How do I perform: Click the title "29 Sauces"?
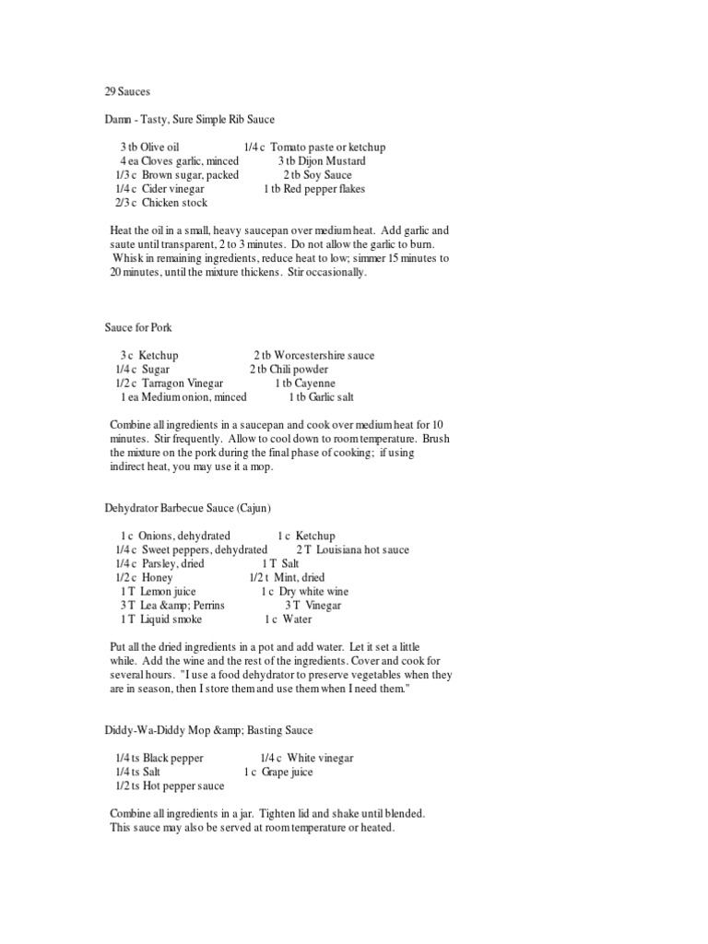pos(128,92)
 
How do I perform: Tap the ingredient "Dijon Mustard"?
pos(333,161)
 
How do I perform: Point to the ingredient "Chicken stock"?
pos(174,203)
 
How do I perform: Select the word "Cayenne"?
pos(315,383)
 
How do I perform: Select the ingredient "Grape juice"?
pos(289,773)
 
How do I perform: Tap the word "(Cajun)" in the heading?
pos(253,508)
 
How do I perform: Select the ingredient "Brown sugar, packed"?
pos(190,175)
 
